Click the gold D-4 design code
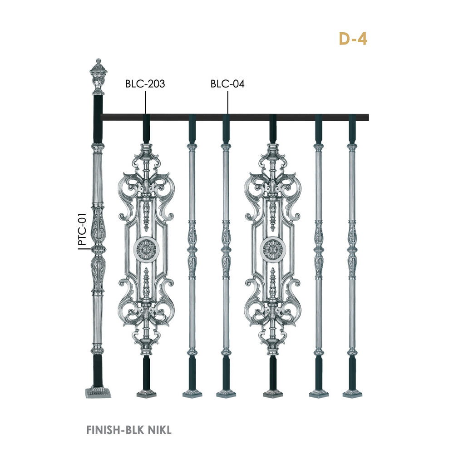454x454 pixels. (353, 39)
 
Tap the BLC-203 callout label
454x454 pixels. (145, 84)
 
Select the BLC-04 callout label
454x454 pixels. (227, 84)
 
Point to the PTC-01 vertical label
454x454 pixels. (83, 229)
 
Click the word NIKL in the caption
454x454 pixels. (159, 430)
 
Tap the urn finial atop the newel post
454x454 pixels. (99, 77)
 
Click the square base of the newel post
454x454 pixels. (98, 392)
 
